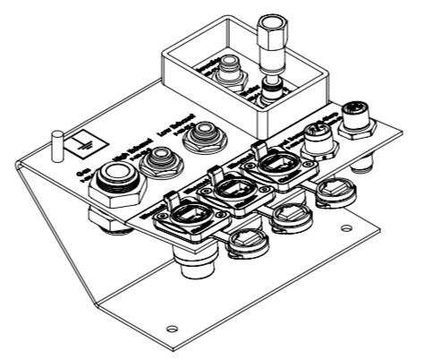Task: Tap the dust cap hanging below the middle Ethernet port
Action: [290, 215]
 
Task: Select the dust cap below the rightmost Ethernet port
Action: [333, 189]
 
